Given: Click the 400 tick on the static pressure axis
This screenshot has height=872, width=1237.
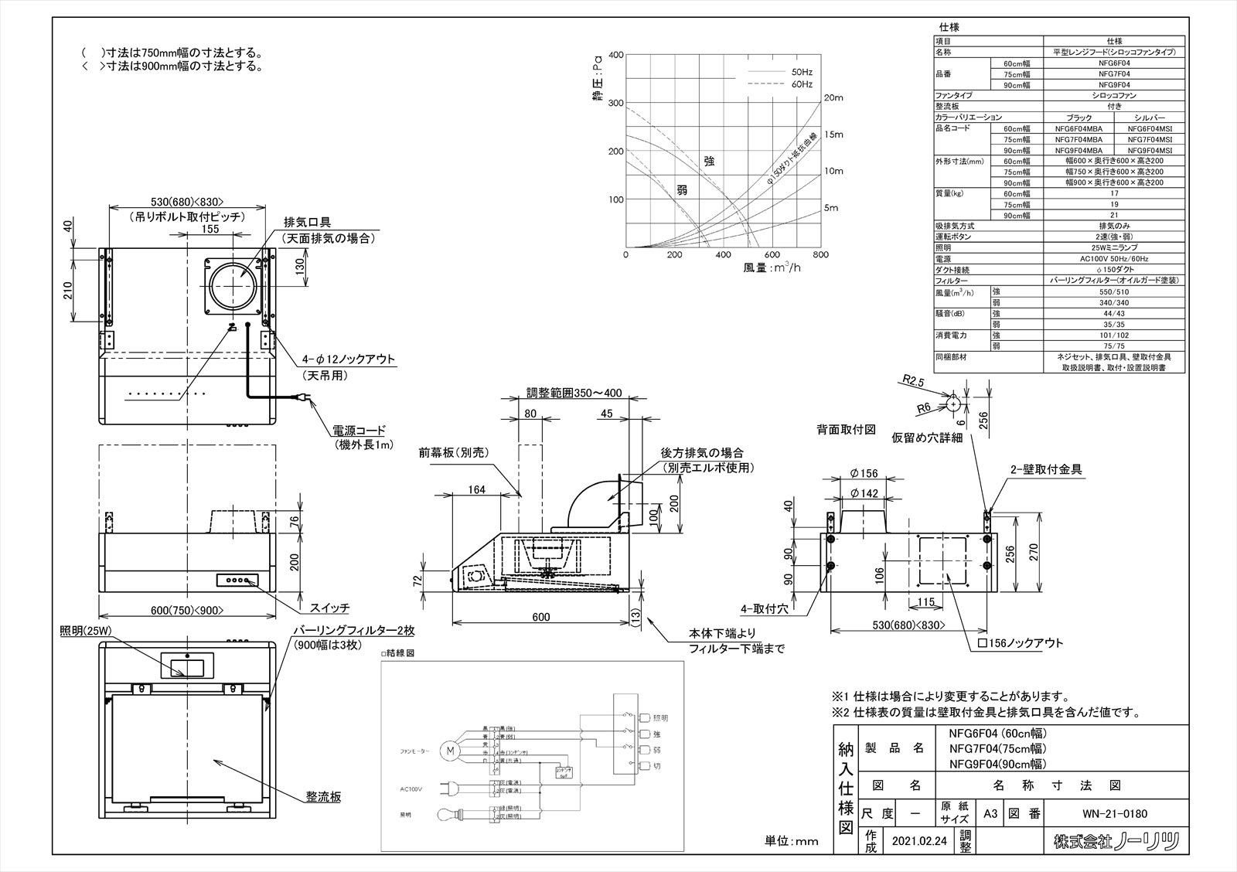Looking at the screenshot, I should [616, 55].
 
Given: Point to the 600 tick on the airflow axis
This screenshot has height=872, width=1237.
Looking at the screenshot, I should [772, 255].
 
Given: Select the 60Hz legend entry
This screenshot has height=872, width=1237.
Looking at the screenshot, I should [801, 83].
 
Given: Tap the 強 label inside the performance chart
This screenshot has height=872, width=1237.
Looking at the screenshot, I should [709, 161].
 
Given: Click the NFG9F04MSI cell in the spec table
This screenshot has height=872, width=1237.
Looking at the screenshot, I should [1150, 150].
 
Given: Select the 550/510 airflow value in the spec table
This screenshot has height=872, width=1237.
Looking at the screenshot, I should [1113, 292].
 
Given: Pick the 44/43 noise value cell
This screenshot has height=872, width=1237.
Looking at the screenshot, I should [1113, 314].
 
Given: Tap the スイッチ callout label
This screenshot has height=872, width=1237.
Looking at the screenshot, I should [329, 607].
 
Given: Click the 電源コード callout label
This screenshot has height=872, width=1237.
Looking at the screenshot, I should [359, 431].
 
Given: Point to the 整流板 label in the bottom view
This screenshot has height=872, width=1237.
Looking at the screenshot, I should [322, 796].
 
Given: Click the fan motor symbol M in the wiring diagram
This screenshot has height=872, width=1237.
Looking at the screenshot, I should [449, 749].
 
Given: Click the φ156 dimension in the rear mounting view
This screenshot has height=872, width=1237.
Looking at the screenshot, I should [863, 474].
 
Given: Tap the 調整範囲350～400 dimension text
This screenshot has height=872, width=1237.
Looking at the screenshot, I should [574, 393].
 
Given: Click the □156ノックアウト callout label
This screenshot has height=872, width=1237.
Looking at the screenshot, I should [1021, 643].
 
